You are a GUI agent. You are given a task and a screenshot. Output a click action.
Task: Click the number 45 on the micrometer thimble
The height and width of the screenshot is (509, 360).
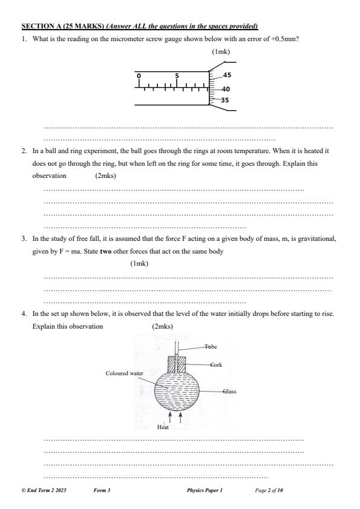(227, 76)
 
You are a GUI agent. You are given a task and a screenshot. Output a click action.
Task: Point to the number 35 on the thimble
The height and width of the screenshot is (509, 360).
(224, 100)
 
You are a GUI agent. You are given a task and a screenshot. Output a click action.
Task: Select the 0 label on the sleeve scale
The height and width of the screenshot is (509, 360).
(139, 76)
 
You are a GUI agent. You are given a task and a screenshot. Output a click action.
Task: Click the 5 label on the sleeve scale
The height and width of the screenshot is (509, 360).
(177, 76)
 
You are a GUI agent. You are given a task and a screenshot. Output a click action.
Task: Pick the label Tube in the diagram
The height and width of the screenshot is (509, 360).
(210, 347)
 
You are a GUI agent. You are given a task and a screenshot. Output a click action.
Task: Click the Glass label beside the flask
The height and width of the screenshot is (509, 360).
(229, 392)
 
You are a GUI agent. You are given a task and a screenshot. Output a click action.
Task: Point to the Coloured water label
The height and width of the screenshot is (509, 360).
(125, 373)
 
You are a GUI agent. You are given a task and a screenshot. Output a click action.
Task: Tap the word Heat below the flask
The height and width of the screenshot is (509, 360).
(163, 427)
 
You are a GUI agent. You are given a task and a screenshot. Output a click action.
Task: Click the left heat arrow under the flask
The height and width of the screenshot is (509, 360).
(171, 418)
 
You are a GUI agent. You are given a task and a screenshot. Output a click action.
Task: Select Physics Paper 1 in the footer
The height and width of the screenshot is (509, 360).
(205, 490)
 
